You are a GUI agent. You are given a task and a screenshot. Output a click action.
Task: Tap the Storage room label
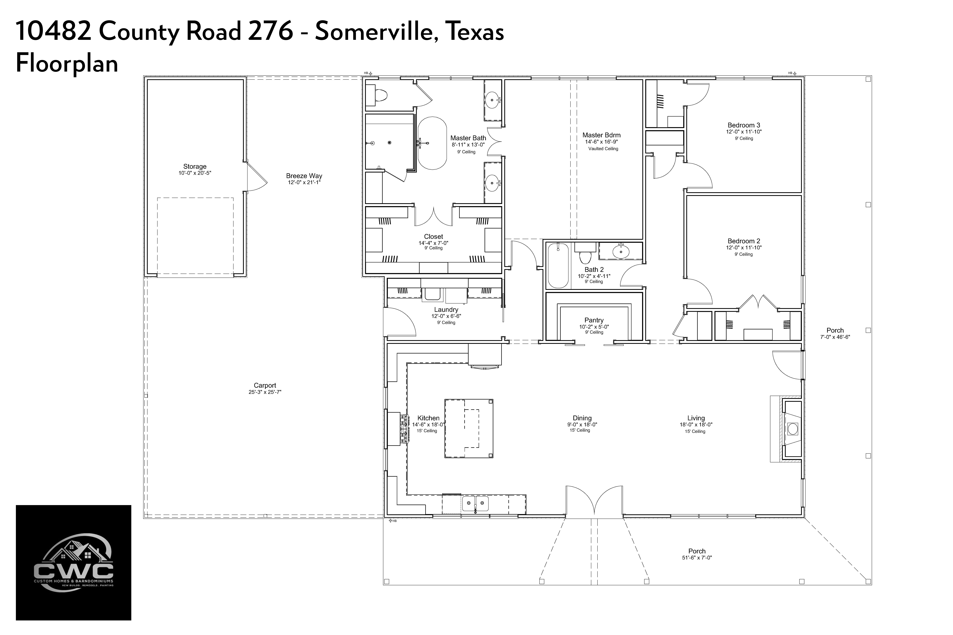click(x=195, y=166)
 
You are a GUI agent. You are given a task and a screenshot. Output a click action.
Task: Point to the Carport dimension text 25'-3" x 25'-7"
click(x=265, y=392)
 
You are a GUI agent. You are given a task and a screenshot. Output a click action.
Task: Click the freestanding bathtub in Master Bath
click(x=432, y=143)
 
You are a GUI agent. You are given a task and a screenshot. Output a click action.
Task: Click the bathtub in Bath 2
click(x=558, y=265)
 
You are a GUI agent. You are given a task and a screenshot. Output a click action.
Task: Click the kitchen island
click(x=469, y=428)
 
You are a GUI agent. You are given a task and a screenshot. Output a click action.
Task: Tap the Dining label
click(x=582, y=418)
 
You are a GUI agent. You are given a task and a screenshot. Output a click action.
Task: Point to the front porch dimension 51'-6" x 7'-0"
click(x=697, y=558)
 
